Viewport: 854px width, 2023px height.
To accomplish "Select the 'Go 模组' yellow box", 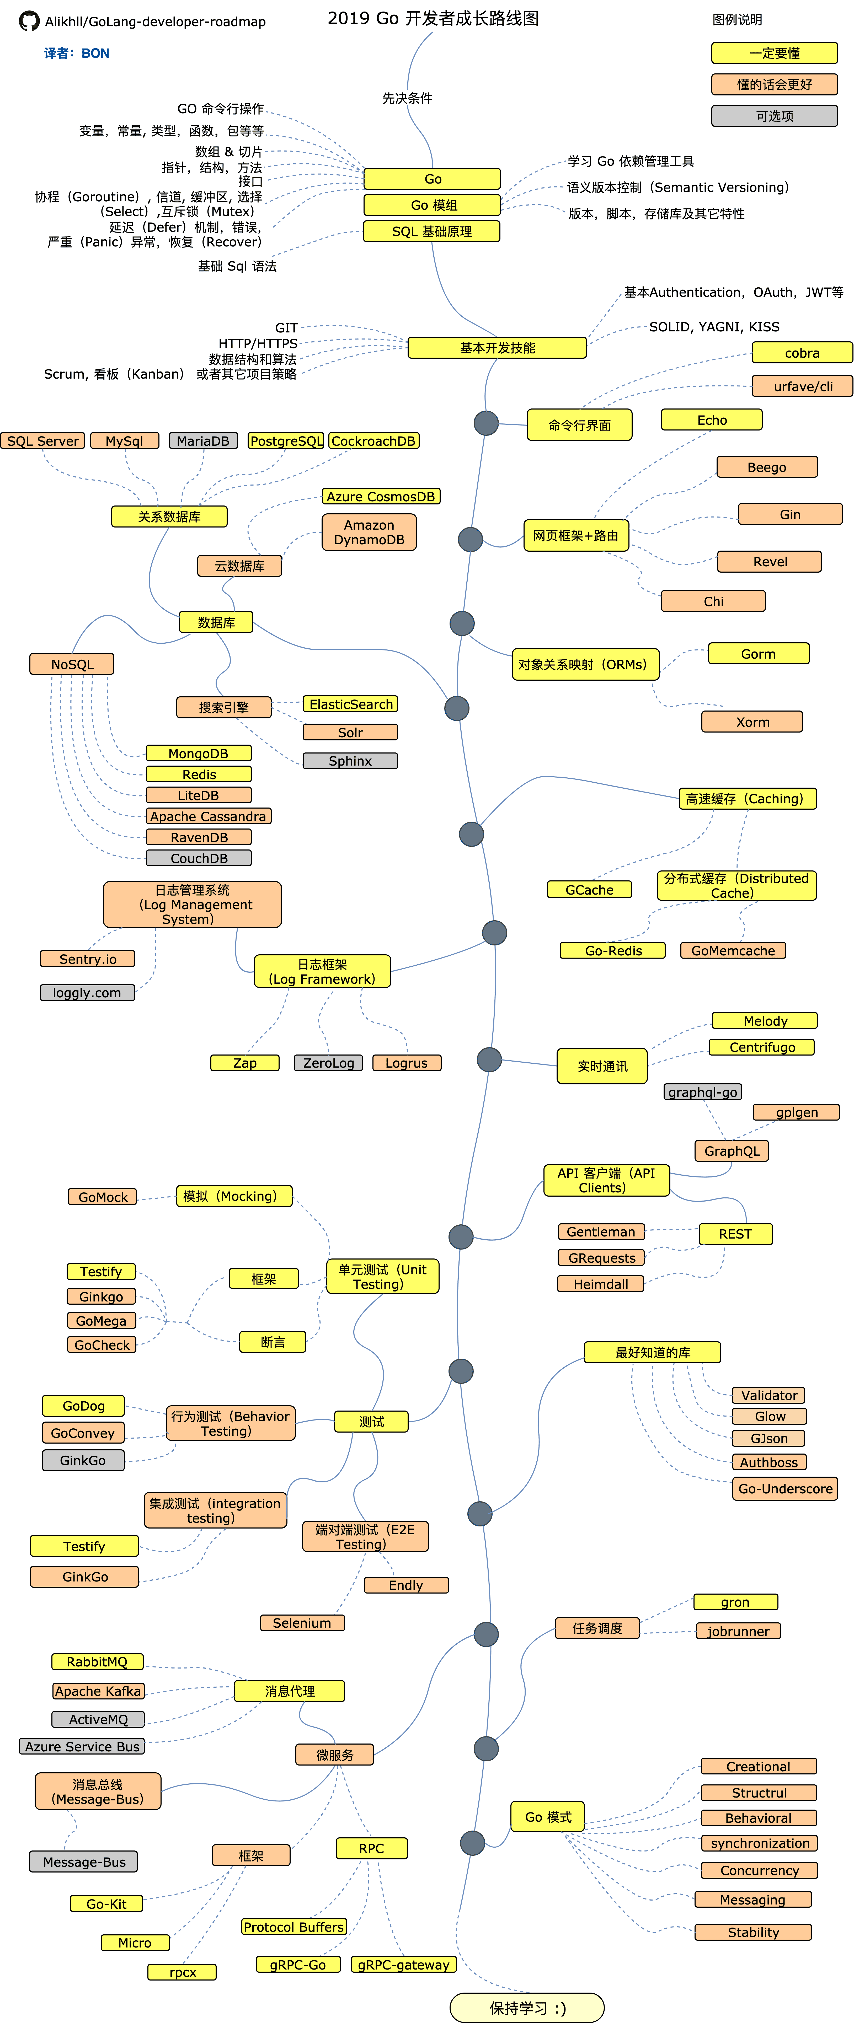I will (x=432, y=205).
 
